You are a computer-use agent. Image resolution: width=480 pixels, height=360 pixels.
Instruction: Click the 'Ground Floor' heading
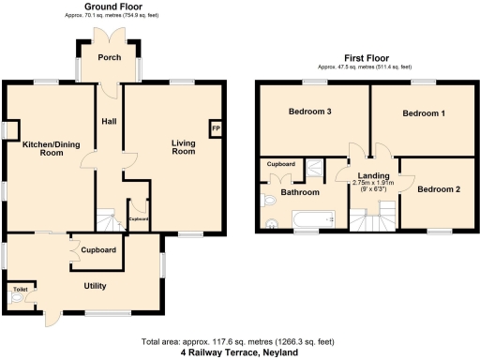click(x=113, y=6)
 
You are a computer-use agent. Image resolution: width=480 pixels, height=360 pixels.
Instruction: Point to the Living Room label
click(x=183, y=148)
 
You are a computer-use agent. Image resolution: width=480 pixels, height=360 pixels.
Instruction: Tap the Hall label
click(x=110, y=120)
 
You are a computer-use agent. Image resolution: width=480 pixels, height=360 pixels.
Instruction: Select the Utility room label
click(x=94, y=286)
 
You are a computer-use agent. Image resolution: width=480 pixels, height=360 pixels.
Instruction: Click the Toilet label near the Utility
click(x=20, y=290)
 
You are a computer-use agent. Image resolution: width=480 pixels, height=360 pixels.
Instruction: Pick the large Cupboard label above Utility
click(x=98, y=250)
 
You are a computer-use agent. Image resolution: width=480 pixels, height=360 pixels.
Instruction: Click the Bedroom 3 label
click(x=309, y=112)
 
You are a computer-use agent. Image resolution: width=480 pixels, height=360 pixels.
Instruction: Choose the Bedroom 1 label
click(x=424, y=113)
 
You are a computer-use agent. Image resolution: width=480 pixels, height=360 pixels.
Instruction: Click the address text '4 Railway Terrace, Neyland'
click(x=239, y=353)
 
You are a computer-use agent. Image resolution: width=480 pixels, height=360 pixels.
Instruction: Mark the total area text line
click(x=239, y=342)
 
